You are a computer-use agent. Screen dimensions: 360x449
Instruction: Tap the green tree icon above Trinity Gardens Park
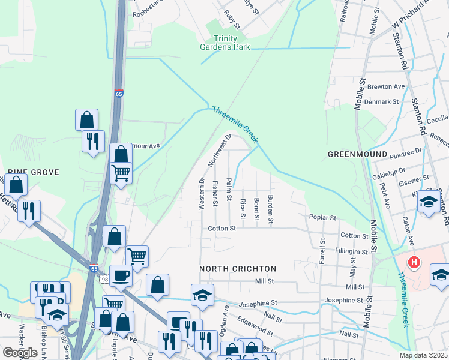tap(214, 27)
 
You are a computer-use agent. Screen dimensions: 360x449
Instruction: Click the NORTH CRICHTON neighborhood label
tap(238, 269)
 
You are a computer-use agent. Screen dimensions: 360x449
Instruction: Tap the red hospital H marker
tap(413, 262)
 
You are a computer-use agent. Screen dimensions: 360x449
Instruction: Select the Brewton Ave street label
tap(387, 86)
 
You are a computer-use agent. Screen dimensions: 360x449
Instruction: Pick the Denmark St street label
tap(383, 101)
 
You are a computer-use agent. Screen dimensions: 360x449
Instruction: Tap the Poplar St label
tap(322, 217)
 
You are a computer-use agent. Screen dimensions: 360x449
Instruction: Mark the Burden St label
tap(271, 209)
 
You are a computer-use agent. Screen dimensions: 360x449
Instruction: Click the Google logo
tap(20, 353)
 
